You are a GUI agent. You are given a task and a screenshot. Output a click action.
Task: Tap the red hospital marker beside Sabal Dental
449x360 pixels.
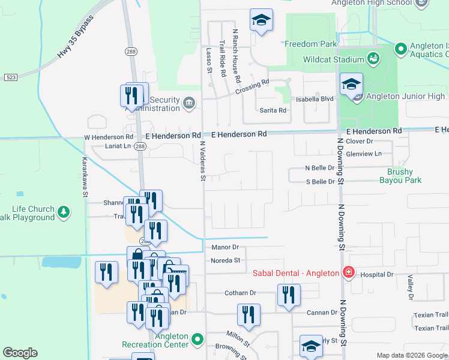348,273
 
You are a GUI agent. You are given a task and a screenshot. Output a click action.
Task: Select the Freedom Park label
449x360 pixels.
310,44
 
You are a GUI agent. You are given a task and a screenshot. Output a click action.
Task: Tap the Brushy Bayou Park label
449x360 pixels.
400,175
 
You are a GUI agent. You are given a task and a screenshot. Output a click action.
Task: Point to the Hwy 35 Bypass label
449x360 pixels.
76,37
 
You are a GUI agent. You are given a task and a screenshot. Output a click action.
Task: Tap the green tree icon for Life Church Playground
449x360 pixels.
63,212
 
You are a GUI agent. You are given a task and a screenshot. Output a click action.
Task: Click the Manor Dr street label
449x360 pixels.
225,247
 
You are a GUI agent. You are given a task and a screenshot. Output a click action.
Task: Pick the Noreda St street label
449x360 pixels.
225,260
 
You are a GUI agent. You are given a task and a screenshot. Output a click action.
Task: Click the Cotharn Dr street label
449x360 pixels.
240,293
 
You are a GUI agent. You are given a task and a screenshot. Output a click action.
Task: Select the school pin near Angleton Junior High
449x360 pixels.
351,85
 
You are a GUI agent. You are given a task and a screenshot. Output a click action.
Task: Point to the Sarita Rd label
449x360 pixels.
273,110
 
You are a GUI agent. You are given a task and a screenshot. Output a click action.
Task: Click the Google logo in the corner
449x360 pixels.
20,353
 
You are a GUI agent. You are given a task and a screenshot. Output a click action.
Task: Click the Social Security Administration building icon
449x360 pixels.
189,103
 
